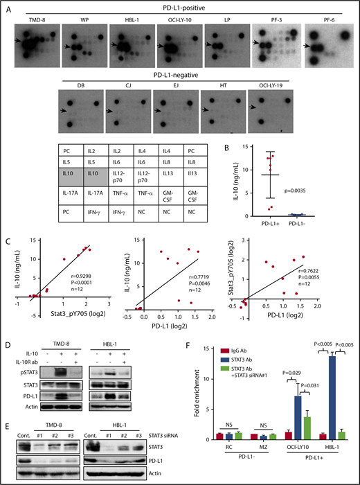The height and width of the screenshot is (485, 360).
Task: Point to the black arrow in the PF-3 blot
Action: click(x=256, y=43)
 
